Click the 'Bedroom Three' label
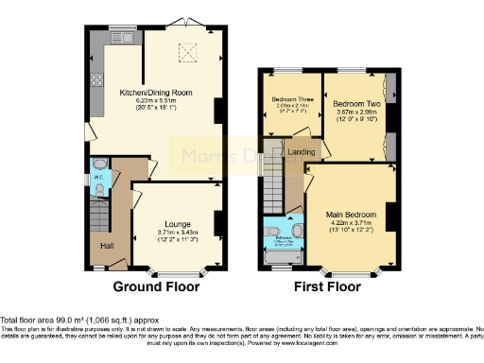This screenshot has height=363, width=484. pyautogui.click(x=291, y=100)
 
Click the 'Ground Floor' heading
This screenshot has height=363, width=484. pyautogui.click(x=154, y=286)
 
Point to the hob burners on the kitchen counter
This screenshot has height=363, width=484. pyautogui.click(x=95, y=79)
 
